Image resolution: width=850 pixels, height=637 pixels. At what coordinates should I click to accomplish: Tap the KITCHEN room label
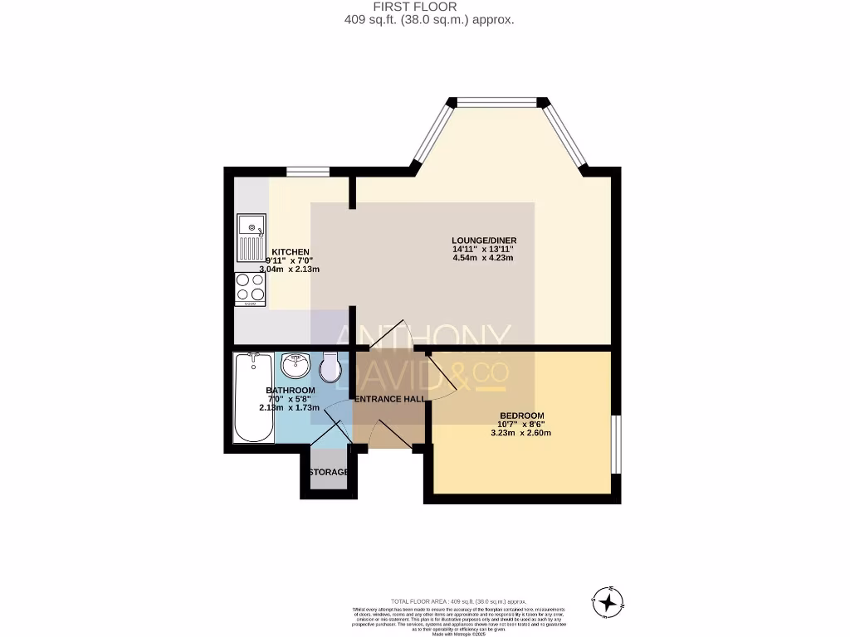[291, 252]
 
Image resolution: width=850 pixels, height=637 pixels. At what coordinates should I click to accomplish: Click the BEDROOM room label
[521, 416]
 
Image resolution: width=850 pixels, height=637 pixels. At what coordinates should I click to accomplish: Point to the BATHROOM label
[290, 391]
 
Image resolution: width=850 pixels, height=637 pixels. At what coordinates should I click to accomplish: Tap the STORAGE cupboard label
[327, 473]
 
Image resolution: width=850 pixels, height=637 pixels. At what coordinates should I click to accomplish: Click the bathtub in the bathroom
[253, 398]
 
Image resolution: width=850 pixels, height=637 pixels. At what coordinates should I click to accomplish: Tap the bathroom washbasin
[296, 366]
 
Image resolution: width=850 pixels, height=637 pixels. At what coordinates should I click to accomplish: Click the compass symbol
[610, 600]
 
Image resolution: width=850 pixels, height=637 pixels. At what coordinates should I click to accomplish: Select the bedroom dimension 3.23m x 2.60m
[521, 433]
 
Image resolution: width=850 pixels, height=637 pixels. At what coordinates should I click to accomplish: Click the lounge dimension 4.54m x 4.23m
[483, 258]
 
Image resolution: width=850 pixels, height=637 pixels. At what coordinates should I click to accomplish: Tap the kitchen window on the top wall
[308, 172]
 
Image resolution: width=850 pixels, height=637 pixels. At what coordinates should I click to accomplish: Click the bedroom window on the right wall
[615, 444]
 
